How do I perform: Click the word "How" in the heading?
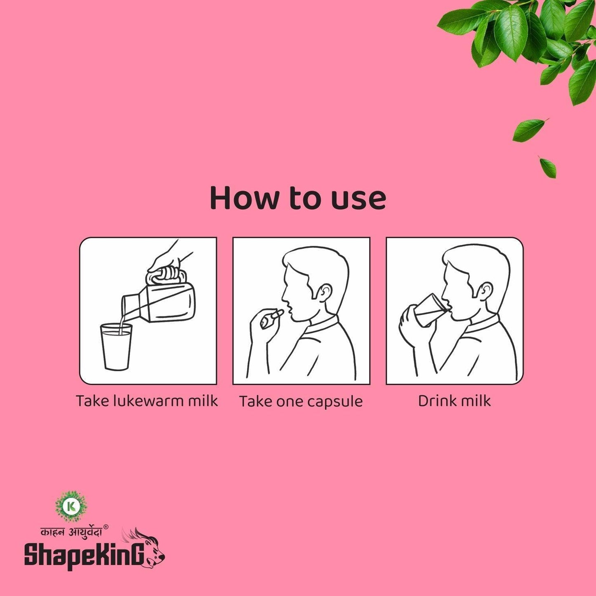pyautogui.click(x=244, y=198)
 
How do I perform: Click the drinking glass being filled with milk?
pyautogui.click(x=116, y=346)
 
